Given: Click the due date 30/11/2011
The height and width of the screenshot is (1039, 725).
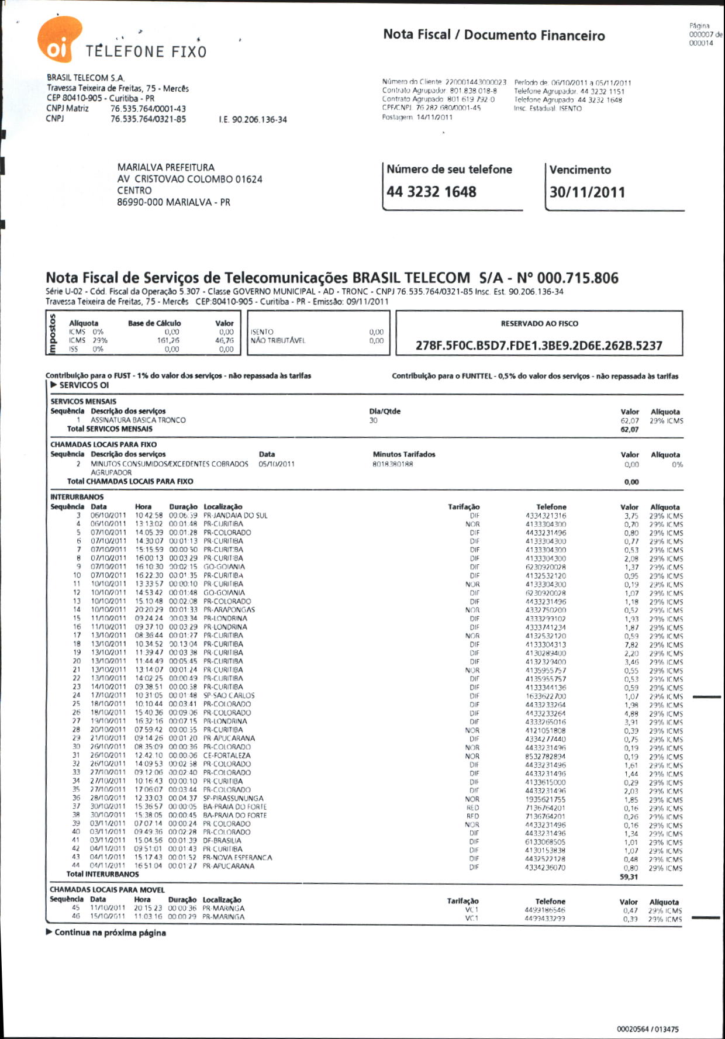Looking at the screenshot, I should [x=587, y=192].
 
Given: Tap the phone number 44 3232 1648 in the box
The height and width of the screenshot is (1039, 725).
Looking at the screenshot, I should [x=431, y=192].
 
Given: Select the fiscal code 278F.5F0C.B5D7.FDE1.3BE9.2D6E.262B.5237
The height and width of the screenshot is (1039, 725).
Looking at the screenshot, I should [x=538, y=346].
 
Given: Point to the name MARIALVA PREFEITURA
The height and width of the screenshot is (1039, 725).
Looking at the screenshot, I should [x=166, y=167].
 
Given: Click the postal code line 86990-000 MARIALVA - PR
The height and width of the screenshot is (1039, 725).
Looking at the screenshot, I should [x=174, y=202].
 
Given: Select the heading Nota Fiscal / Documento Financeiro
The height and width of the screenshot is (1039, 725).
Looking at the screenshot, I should [x=494, y=35].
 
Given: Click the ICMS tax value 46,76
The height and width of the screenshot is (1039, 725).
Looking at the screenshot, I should [x=225, y=340].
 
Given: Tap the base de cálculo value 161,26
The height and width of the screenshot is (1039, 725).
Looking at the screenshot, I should [x=168, y=340].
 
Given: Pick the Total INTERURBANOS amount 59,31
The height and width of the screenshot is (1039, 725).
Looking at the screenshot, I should [x=629, y=877].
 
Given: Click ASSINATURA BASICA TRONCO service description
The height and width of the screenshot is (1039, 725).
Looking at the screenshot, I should [x=138, y=420].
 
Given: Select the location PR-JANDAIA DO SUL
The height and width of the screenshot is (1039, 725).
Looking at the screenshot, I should [x=236, y=516].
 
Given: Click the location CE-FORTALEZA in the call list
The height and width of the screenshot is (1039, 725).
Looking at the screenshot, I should [x=227, y=755].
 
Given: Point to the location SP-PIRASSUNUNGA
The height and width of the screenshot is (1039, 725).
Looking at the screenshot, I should [x=233, y=798].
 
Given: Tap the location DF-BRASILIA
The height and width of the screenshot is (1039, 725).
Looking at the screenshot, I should [x=222, y=841].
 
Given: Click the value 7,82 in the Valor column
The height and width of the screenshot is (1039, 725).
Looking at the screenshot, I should [x=631, y=645].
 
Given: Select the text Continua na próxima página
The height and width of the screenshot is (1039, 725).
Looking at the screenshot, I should [x=110, y=933].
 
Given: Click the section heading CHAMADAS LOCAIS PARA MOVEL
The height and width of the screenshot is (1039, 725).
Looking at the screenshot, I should [x=107, y=890].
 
